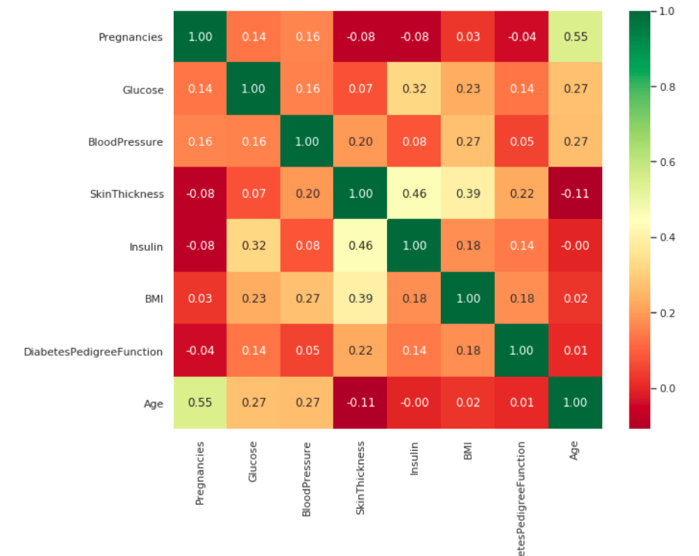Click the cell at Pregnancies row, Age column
coord(575,37)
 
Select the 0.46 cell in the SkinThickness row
coord(414,194)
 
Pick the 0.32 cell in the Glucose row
coord(414,90)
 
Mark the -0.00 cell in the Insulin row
coord(575,246)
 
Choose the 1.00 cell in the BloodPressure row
coord(307,141)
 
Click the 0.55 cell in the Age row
coord(200,403)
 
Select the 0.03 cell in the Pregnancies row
coord(467,37)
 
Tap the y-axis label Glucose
coord(143,90)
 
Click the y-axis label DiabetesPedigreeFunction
coord(93,351)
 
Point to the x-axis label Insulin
coord(414,458)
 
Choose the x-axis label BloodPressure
coord(307,478)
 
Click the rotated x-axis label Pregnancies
coord(200,474)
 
